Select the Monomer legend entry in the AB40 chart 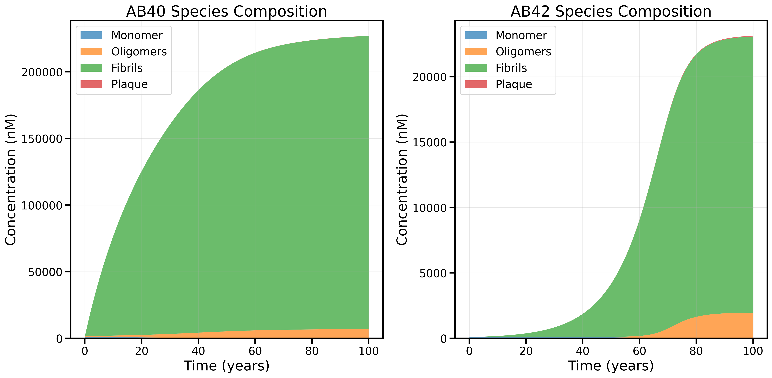click(137, 35)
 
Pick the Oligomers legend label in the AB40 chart click(139, 52)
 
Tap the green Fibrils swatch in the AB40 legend click(91, 68)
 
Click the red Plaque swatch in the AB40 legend click(91, 84)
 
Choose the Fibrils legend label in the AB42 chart click(511, 68)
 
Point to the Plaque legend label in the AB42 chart click(514, 84)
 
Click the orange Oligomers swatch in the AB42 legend click(476, 52)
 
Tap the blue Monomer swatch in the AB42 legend click(476, 35)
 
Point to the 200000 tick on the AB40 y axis click(42, 72)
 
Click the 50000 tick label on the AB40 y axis click(45, 272)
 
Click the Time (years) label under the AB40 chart click(226, 366)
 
